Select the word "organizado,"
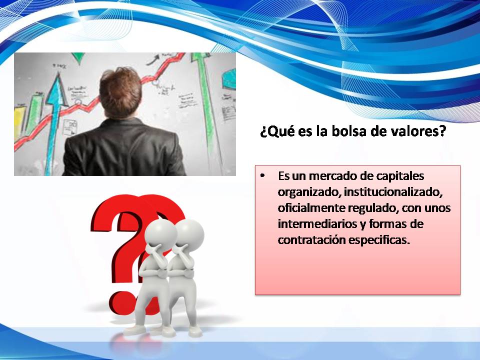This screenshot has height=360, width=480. pyautogui.click(x=309, y=192)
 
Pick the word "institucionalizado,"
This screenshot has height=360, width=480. pyautogui.click(x=393, y=192)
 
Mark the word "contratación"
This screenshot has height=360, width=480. pyautogui.click(x=311, y=239)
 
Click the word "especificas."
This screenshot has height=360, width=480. pyautogui.click(x=379, y=240)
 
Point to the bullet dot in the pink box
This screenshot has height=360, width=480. pyautogui.click(x=262, y=176)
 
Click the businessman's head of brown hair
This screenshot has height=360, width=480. pyautogui.click(x=121, y=91)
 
